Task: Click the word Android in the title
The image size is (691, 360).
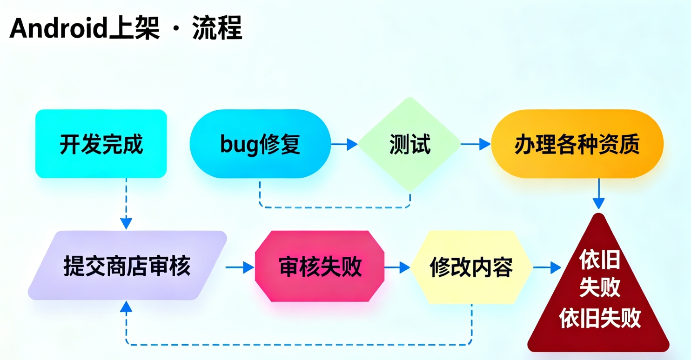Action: tap(59, 29)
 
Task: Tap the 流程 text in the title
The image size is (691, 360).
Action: tap(217, 29)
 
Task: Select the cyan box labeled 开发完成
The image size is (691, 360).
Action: tap(101, 144)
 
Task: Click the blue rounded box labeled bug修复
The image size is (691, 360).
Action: tap(261, 144)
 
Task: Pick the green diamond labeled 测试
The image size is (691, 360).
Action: tap(409, 144)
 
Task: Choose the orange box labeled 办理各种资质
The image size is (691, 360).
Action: tap(577, 144)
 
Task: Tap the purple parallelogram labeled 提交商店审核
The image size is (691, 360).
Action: tap(127, 266)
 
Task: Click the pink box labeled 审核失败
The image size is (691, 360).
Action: tap(320, 267)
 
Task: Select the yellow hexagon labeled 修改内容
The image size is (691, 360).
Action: tap(471, 267)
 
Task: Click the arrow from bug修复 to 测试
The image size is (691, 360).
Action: tap(344, 144)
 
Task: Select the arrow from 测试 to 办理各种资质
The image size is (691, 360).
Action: tap(476, 144)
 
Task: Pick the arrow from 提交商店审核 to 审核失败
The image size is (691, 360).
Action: tap(240, 267)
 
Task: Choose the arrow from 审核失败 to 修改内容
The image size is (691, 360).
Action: tap(397, 267)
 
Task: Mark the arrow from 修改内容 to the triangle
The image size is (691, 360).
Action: tap(547, 267)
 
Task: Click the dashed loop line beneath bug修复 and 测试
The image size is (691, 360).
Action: tap(335, 207)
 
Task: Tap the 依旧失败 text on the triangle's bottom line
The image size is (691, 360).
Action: tap(600, 319)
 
